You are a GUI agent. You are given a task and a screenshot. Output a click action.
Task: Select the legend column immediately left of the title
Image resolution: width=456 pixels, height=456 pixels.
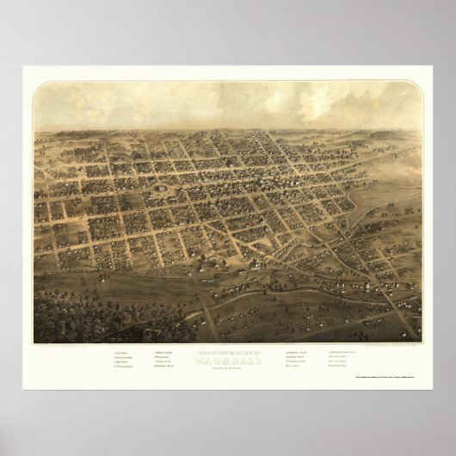(x=166, y=360)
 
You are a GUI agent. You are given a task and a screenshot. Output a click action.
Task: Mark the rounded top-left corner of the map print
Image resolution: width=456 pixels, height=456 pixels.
(x=37, y=84)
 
